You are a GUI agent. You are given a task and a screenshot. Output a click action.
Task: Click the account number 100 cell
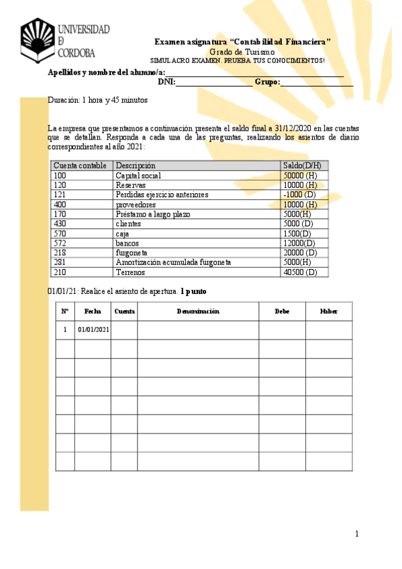click(60, 176)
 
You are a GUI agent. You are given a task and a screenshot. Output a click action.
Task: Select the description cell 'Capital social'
click(138, 176)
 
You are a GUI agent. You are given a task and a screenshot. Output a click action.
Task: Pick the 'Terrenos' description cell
click(132, 272)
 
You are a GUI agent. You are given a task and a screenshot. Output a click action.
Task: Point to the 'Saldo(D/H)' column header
click(302, 166)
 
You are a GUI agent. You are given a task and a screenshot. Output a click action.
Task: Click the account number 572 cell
click(60, 243)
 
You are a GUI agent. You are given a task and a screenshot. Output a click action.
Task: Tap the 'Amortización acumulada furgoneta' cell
click(173, 262)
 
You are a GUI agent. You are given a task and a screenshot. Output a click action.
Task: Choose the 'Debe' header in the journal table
click(283, 311)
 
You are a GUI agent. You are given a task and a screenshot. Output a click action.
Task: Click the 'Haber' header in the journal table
click(329, 311)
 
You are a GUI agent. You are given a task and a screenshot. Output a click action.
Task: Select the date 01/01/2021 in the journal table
click(94, 330)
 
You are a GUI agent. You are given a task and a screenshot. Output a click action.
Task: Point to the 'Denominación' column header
click(198, 311)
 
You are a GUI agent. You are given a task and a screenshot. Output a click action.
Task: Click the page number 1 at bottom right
click(357, 534)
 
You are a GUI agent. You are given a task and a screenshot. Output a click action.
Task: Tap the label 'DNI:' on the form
click(166, 83)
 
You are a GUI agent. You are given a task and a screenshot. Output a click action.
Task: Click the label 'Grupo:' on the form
click(267, 83)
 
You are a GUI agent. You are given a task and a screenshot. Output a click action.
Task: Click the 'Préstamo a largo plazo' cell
click(153, 214)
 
